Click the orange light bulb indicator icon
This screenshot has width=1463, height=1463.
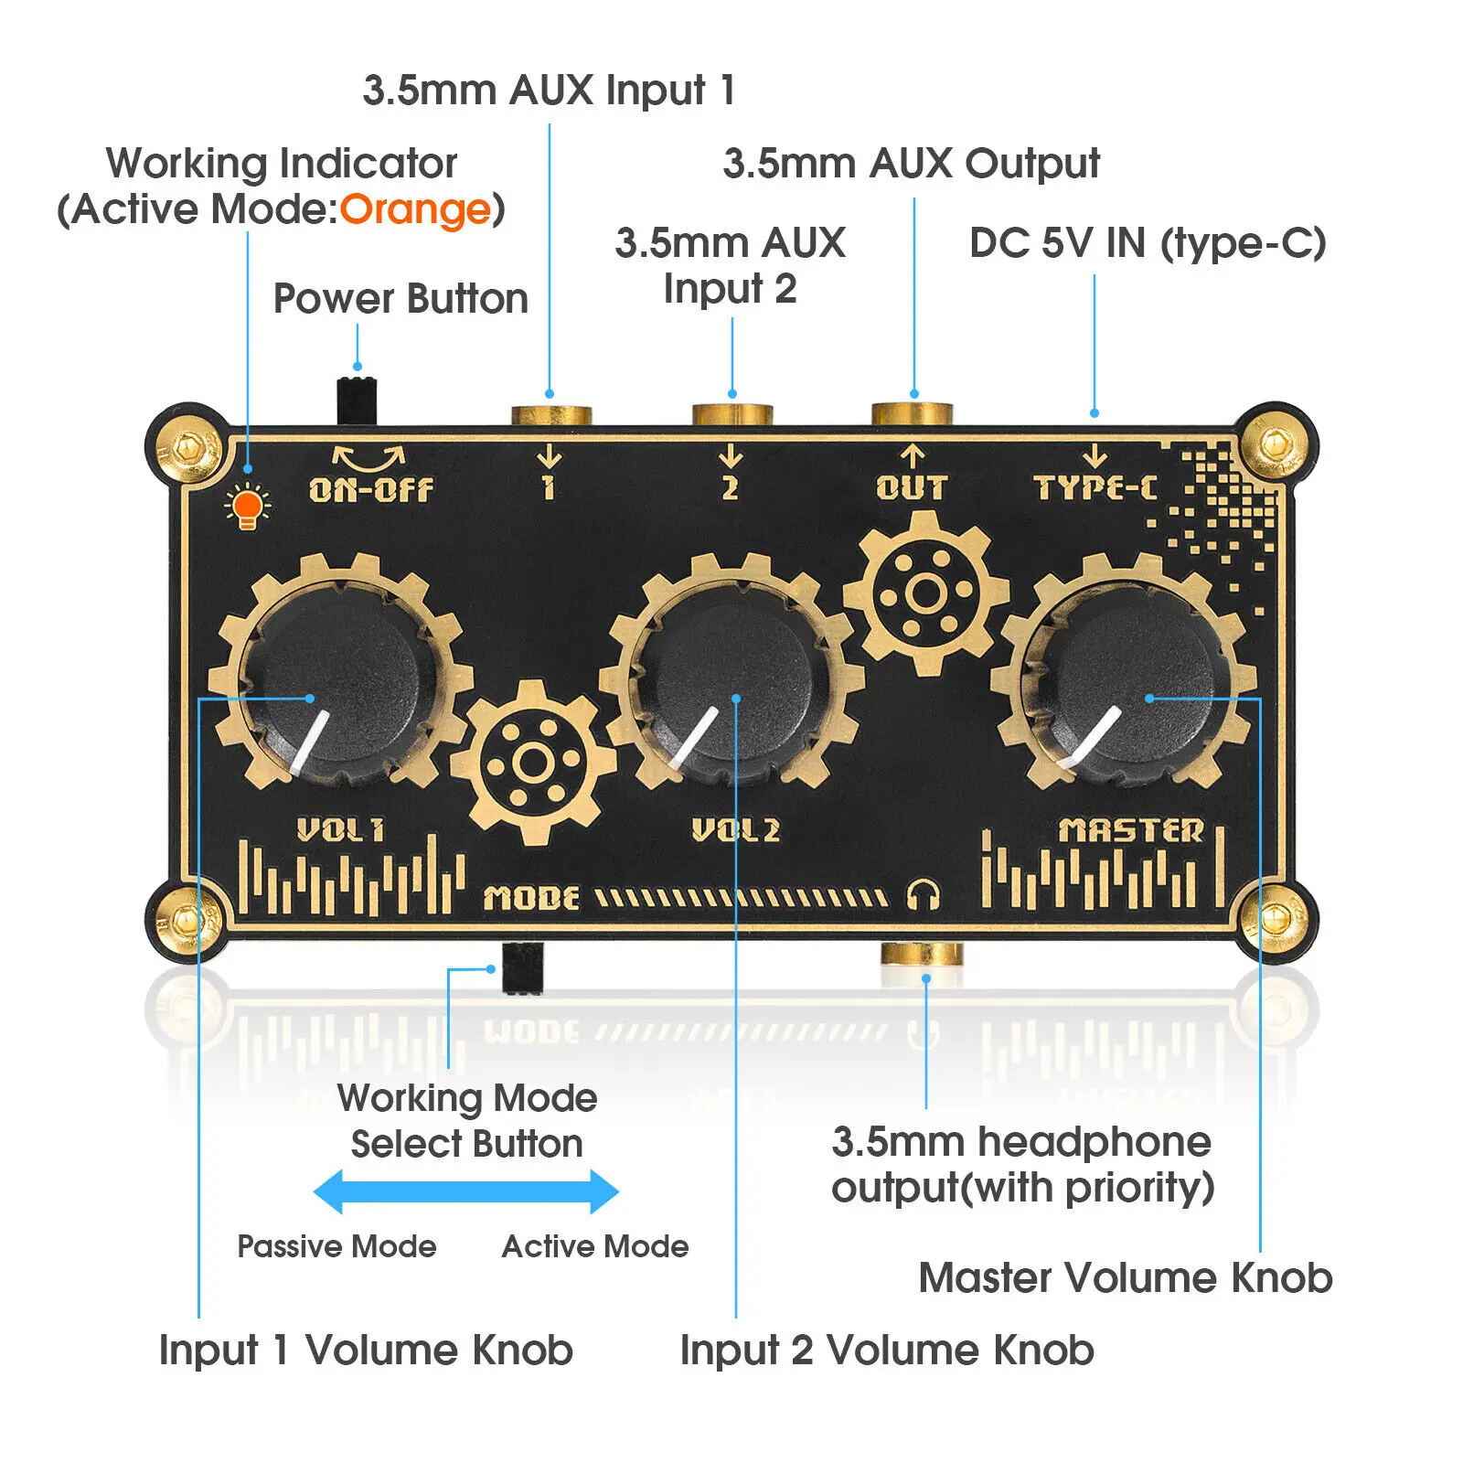click(x=248, y=507)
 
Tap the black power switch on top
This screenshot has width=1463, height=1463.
click(x=357, y=399)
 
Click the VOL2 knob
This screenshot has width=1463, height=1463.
click(x=731, y=683)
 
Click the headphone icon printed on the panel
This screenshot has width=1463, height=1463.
click(x=924, y=895)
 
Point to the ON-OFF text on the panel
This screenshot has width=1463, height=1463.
click(x=370, y=489)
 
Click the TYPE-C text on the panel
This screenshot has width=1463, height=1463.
click(x=1095, y=487)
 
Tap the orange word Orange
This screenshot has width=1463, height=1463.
click(x=415, y=210)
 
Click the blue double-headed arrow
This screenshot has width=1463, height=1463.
click(x=466, y=1191)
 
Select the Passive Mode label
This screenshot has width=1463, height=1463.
click(x=336, y=1246)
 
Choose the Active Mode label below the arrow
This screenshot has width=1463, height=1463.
click(x=595, y=1246)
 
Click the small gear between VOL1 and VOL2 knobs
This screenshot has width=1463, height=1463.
click(x=535, y=761)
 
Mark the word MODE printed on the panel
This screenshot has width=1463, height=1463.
click(x=531, y=898)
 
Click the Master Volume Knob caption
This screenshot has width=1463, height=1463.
click(x=1126, y=1277)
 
